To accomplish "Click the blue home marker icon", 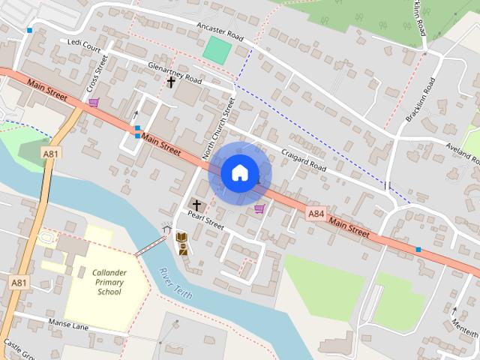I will click(239, 172).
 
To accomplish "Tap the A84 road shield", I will click(316, 214).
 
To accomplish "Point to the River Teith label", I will click(175, 283).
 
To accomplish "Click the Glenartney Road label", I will click(175, 72).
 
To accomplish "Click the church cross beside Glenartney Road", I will click(171, 82).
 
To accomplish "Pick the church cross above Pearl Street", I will click(197, 204).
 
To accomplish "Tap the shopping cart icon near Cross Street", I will click(93, 102).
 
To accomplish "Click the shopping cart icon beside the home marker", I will click(259, 208).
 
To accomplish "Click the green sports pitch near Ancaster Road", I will click(217, 50).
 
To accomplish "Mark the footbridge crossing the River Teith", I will click(151, 246).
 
